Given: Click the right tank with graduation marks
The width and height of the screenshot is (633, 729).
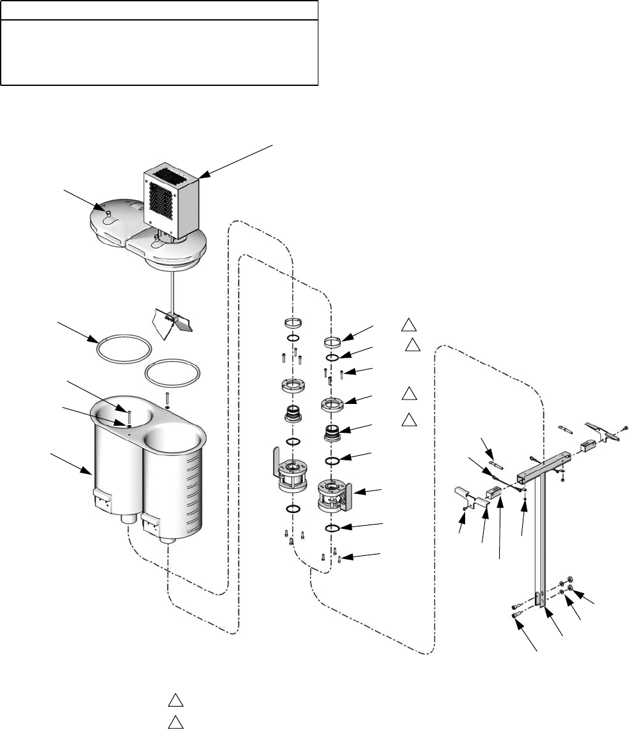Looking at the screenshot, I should pos(176,487).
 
